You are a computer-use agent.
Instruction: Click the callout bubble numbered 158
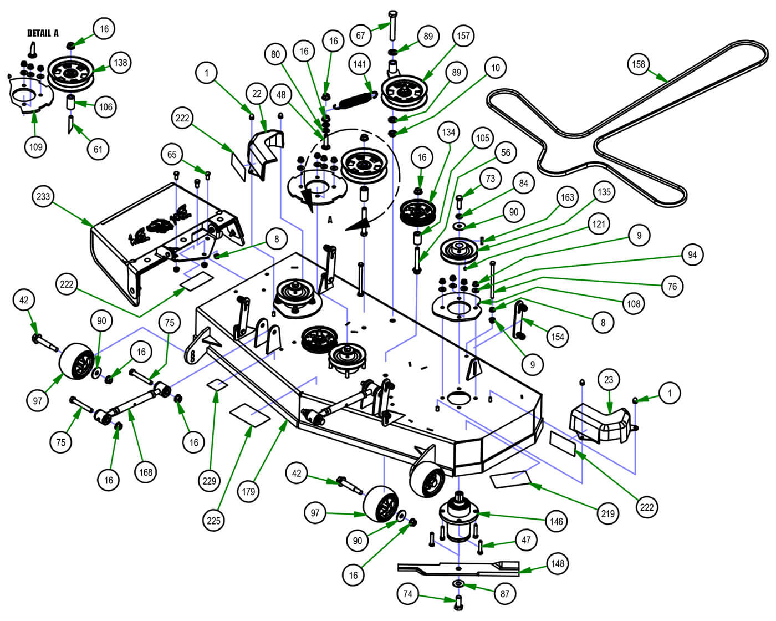pos(639,64)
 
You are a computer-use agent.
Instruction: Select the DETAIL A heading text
pos(43,33)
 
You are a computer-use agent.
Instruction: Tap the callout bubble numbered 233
pos(43,196)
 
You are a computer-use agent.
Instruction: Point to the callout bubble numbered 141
pos(360,64)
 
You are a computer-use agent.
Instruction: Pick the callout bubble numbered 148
pos(558,564)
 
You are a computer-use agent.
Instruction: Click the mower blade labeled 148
pos(459,568)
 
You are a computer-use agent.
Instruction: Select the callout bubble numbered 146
pos(556,521)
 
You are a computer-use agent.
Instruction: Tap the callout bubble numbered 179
pos(248,491)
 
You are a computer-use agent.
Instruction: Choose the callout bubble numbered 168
pos(145,472)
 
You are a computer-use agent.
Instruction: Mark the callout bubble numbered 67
pos(361,36)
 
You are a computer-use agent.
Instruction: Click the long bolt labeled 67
pos(392,26)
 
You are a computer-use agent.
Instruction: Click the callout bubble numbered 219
pos(608,513)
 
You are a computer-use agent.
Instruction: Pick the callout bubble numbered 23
pos(609,380)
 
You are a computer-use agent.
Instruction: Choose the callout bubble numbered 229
pos(209,481)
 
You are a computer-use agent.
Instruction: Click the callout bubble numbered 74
pos(408,594)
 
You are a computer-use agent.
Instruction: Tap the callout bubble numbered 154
pos(557,337)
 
